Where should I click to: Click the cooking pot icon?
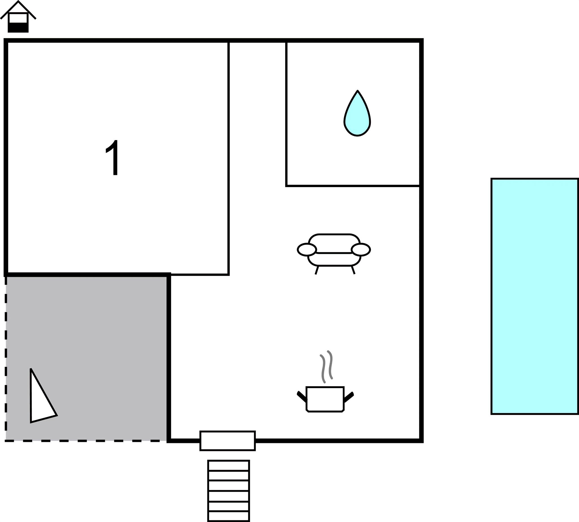pyautogui.click(x=325, y=399)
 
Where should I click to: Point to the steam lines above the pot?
pyautogui.click(x=327, y=367)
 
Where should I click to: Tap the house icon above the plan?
pyautogui.click(x=18, y=17)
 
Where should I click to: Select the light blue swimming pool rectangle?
pyautogui.click(x=535, y=296)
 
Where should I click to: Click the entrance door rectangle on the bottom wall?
pyautogui.click(x=228, y=441)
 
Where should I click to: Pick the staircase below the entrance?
pyautogui.click(x=229, y=491)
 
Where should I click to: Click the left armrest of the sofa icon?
pyautogui.click(x=307, y=249)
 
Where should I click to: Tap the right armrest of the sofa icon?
pyautogui.click(x=361, y=249)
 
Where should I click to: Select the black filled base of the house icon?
pyautogui.click(x=18, y=27)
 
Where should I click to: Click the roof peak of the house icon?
pyautogui.click(x=18, y=2)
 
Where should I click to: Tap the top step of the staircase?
pyautogui.click(x=229, y=465)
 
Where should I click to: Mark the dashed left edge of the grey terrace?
pyautogui.click(x=6, y=358)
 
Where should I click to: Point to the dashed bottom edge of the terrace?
pyautogui.click(x=86, y=441)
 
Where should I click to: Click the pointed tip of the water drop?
pyautogui.click(x=358, y=91)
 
